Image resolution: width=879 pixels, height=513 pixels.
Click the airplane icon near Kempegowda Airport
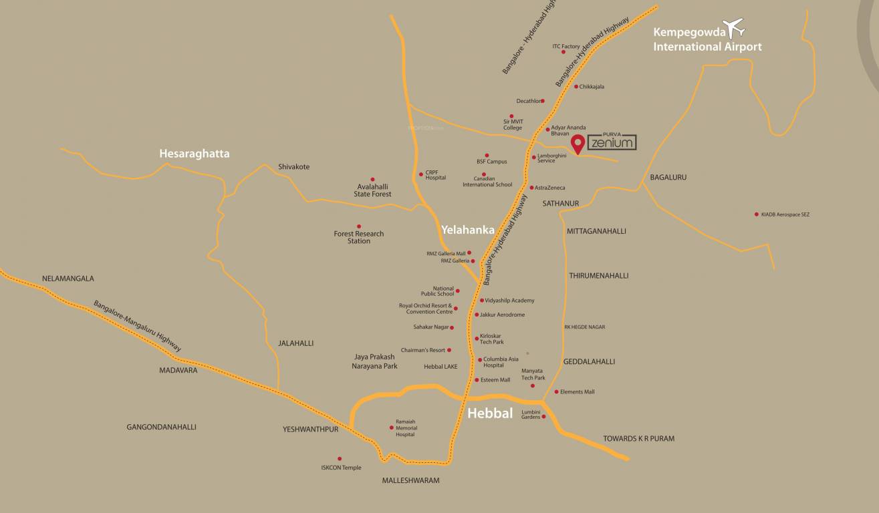point(735,28)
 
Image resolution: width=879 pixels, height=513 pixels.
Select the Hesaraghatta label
point(195,154)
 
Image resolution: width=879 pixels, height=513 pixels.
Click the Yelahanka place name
point(468,230)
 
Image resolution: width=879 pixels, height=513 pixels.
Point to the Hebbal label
point(490,413)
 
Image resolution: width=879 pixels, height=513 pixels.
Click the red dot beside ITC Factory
point(563,51)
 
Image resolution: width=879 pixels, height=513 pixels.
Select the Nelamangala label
point(68,279)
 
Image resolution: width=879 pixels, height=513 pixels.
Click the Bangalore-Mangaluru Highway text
point(137,327)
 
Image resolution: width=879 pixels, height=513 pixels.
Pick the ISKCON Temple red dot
point(340,459)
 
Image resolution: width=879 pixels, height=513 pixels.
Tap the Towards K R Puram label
point(638,439)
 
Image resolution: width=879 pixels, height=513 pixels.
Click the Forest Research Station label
point(359,237)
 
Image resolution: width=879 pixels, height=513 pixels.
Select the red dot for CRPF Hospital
point(421,174)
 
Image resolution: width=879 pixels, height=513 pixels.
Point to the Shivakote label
point(294,167)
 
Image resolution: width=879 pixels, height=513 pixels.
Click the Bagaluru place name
point(668,178)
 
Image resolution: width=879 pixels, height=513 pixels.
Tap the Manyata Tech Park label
point(533,374)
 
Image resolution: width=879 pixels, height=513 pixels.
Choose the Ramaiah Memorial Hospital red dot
point(392,427)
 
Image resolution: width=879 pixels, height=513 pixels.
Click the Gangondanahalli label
point(161,427)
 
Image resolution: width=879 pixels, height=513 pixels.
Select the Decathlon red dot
point(543,101)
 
